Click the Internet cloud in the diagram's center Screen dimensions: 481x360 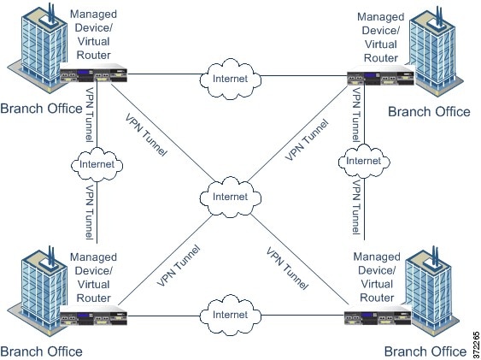point(231,197)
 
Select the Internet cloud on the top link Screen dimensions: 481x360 point(231,79)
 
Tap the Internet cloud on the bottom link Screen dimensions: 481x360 point(231,315)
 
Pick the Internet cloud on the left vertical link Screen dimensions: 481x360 point(97,164)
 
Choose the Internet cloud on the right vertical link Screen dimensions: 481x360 point(364,161)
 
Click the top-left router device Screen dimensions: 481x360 point(94,73)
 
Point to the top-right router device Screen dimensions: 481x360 point(381,75)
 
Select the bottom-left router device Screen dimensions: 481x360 point(94,316)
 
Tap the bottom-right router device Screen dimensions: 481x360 point(378,316)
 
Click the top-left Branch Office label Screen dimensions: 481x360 point(41,109)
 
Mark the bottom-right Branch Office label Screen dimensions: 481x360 point(425,351)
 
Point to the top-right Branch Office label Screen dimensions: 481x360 point(429,112)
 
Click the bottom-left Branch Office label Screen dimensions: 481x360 point(41,351)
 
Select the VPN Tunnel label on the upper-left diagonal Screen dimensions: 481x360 point(146,135)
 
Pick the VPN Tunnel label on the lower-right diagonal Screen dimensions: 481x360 point(287,269)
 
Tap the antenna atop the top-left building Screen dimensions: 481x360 point(51,14)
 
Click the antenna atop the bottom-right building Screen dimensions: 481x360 point(435,257)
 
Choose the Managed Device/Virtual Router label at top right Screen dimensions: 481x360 point(381,37)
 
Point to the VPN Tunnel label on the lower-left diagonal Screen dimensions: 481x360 point(179,266)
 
